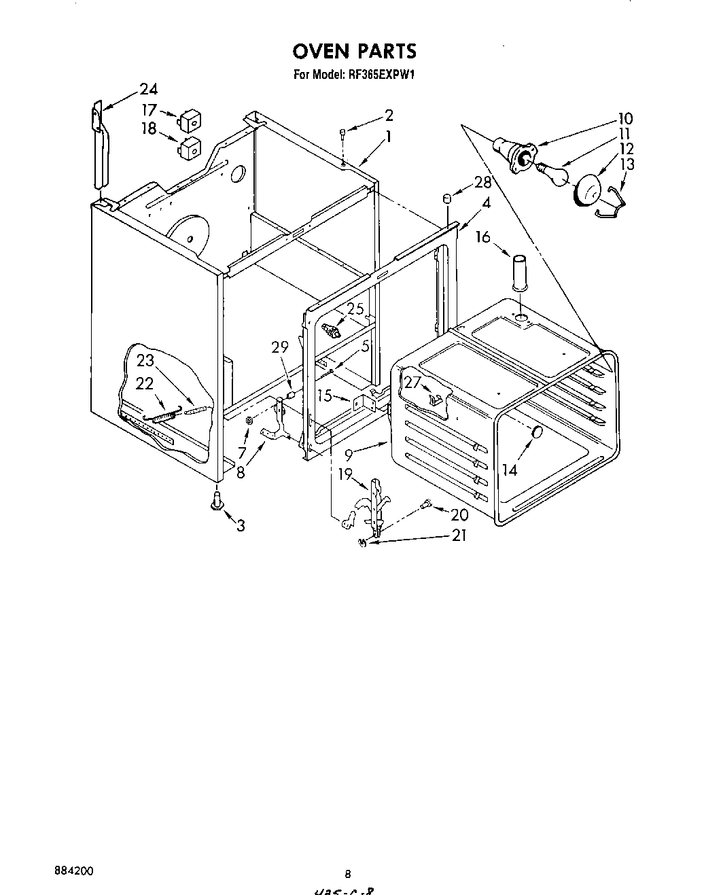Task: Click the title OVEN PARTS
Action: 354,51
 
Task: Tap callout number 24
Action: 148,89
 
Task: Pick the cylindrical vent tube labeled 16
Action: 521,271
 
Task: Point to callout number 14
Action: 509,470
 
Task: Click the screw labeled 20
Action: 427,504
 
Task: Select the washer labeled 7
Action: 249,421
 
